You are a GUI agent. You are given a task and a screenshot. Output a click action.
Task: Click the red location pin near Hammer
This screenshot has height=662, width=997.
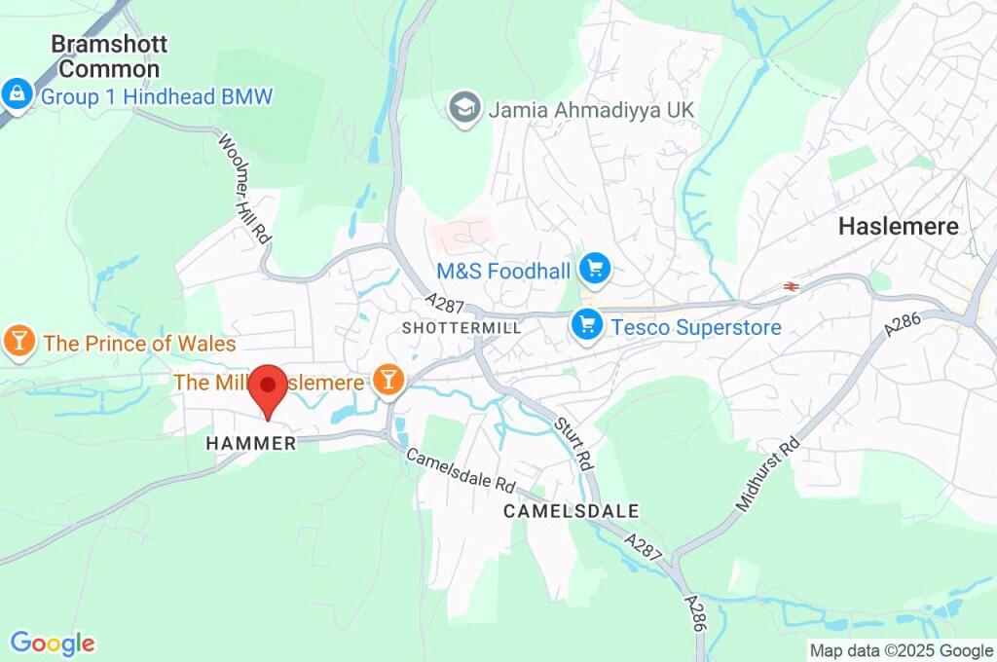[x=268, y=388]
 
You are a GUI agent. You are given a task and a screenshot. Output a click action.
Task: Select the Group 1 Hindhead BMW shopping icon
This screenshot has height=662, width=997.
[x=17, y=95]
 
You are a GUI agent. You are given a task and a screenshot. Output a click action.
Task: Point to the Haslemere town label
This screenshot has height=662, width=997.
[x=899, y=226]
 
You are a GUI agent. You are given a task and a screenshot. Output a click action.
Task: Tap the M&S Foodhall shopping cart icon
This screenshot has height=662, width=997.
[x=594, y=270]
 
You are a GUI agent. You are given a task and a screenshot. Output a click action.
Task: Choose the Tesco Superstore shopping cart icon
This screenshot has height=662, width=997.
[x=586, y=325]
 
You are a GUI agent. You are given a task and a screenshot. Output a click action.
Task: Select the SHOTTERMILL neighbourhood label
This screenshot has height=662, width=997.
[x=462, y=328]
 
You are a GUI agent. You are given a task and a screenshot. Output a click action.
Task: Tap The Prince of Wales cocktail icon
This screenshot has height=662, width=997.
[x=18, y=342]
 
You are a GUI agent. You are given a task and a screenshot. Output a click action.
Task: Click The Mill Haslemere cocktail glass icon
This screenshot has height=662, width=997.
[x=388, y=381]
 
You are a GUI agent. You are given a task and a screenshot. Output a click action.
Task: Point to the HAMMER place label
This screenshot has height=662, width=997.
[x=251, y=443]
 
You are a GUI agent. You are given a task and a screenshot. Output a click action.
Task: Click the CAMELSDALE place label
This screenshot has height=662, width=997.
[x=572, y=510]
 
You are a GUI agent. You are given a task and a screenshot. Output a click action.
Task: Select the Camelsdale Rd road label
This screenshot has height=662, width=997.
[x=460, y=470]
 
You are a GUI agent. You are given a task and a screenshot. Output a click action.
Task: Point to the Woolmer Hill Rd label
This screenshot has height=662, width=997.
[x=244, y=189]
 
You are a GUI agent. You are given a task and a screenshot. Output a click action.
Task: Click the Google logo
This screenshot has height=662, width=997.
[x=53, y=643]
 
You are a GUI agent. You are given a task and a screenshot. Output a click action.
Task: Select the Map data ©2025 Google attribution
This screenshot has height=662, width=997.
[x=901, y=650]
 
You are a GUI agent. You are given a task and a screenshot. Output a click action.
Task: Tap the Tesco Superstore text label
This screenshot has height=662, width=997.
[x=695, y=327]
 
